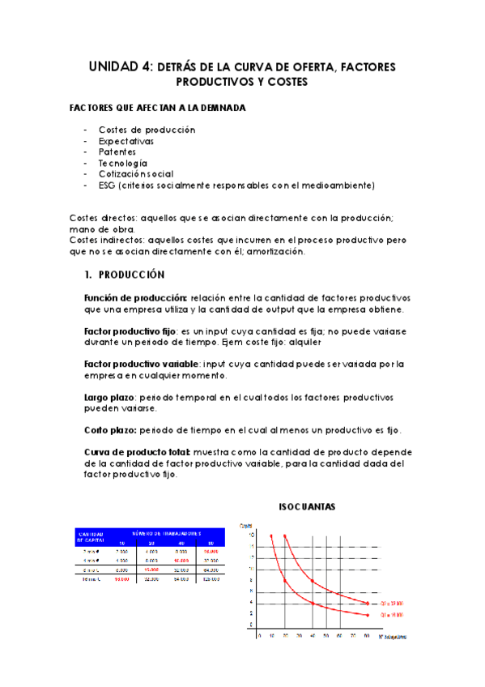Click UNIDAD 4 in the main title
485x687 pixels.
[119, 68]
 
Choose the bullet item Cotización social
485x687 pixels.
[135, 173]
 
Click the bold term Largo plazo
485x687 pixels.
[109, 397]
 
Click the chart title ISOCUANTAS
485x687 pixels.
[307, 506]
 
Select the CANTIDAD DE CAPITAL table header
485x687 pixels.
[91, 538]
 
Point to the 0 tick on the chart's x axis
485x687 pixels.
[259, 636]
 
